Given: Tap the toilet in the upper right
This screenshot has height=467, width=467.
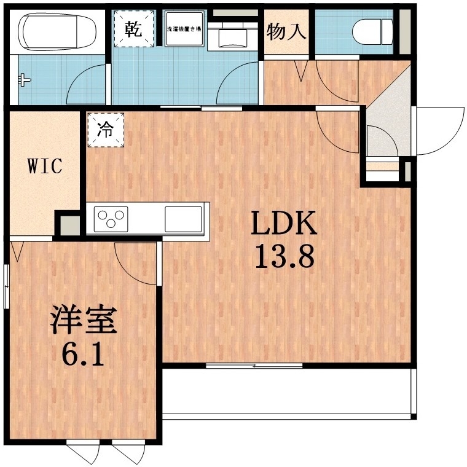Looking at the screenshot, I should point(374,28).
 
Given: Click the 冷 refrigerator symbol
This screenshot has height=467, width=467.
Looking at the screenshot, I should point(106,130).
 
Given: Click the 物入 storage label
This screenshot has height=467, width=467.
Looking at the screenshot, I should point(286,31).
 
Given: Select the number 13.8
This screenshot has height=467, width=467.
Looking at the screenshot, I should point(284,257).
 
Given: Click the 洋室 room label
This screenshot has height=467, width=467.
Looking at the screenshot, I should point(83,321).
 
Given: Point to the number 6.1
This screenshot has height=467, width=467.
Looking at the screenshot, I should point(83,355).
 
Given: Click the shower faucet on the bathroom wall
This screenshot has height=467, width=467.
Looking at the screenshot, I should point(23,79).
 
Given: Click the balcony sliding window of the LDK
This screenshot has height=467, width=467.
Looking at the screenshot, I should point(254,366).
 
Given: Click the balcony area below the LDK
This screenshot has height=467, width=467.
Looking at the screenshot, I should point(286,393).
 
